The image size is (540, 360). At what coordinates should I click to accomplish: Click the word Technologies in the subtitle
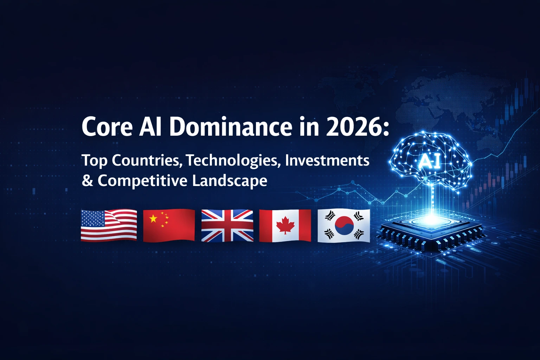[x=233, y=161]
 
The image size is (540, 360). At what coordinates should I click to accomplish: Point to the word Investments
[x=327, y=160]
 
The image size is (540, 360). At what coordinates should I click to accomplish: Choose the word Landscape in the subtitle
[x=229, y=181]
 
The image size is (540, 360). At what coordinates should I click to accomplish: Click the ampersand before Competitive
[x=87, y=181]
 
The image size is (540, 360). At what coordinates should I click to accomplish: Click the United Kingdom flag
[x=227, y=225]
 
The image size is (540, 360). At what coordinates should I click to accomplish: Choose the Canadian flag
[x=285, y=225]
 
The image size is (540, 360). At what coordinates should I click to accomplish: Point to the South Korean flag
[x=343, y=225]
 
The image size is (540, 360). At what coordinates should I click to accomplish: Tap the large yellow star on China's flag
[x=153, y=219]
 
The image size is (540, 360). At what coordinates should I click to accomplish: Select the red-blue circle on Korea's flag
[x=344, y=225]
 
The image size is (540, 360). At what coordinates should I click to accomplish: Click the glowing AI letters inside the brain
[x=430, y=162]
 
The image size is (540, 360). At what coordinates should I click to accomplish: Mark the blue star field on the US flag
[x=93, y=218]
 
